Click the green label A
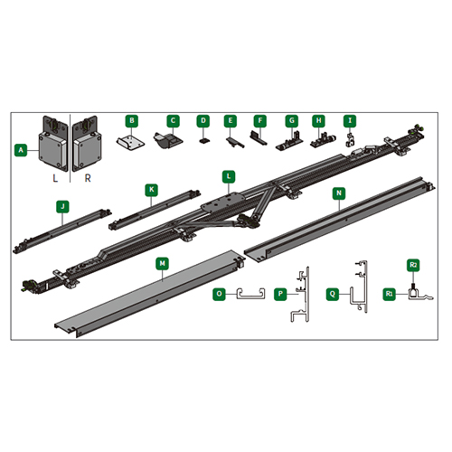click(21, 150)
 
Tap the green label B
click(132, 121)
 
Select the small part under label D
click(203, 140)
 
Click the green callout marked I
click(350, 121)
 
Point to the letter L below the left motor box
click(55, 178)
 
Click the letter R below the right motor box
click(88, 178)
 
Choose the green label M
click(163, 263)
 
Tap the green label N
click(339, 193)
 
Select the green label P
click(280, 294)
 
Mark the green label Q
click(333, 294)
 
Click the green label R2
click(413, 265)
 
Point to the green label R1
click(390, 294)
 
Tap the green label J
click(62, 207)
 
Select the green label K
click(151, 190)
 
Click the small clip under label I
click(349, 140)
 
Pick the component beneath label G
click(291, 142)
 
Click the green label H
click(319, 121)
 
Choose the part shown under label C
click(168, 140)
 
